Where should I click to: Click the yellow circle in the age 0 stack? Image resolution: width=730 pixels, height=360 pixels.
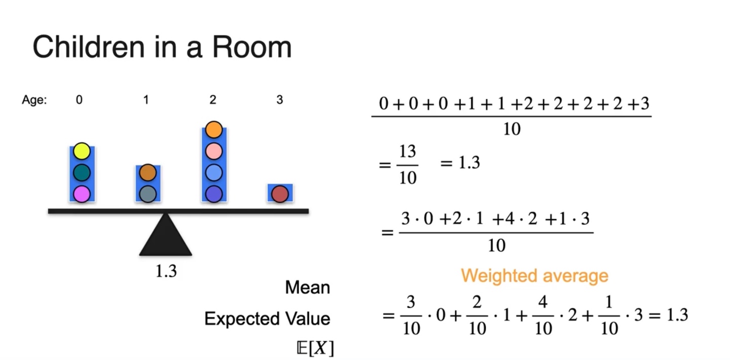[x=82, y=151]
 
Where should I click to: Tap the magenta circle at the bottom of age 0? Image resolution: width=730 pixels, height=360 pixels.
[x=82, y=194]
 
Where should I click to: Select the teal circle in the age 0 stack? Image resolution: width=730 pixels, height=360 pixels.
[x=82, y=172]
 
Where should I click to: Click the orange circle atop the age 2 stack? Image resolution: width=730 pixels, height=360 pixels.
[x=214, y=130]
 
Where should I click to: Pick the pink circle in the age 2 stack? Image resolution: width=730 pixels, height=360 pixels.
[x=214, y=151]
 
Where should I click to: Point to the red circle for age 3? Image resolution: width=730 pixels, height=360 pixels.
[x=280, y=194]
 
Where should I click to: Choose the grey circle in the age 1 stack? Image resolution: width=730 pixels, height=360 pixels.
[x=148, y=194]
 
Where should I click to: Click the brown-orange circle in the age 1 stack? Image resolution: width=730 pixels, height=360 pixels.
[x=148, y=172]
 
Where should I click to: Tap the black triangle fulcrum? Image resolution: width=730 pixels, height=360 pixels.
[x=166, y=238]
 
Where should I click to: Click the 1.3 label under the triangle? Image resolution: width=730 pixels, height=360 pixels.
[x=166, y=271]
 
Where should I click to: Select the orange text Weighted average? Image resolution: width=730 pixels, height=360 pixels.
[x=534, y=276]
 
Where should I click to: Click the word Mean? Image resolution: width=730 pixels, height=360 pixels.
[x=308, y=288]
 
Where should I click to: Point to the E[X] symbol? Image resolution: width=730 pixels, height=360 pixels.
[x=314, y=348]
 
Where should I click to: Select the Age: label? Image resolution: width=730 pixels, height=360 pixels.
[x=34, y=100]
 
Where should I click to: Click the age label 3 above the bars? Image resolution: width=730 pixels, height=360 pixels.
[x=279, y=100]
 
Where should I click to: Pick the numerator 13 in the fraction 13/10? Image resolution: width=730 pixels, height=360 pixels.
[x=408, y=152]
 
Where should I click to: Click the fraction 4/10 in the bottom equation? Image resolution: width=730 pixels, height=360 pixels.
[x=543, y=315]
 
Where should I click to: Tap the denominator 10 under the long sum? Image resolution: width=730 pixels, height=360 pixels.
[x=512, y=129]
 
